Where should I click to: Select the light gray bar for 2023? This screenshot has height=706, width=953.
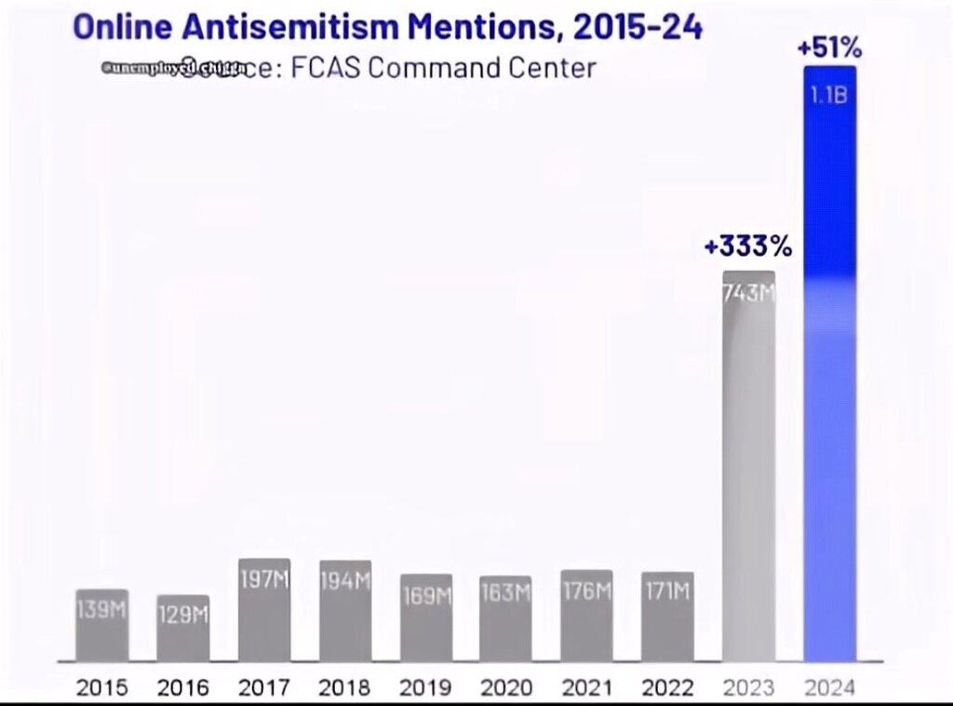(x=748, y=465)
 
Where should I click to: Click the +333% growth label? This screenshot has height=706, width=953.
(x=747, y=246)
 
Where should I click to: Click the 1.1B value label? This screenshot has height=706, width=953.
(x=828, y=95)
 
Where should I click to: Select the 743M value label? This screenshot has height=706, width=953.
(x=748, y=293)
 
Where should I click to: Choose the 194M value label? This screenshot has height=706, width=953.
(x=345, y=581)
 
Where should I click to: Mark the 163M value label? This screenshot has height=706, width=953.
(x=506, y=592)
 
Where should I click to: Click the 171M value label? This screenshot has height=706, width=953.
(x=667, y=591)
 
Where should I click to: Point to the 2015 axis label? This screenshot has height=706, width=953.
(x=101, y=688)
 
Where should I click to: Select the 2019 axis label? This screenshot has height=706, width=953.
(x=425, y=688)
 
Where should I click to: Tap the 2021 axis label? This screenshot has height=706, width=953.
(x=586, y=688)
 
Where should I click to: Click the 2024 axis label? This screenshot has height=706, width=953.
(x=829, y=688)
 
